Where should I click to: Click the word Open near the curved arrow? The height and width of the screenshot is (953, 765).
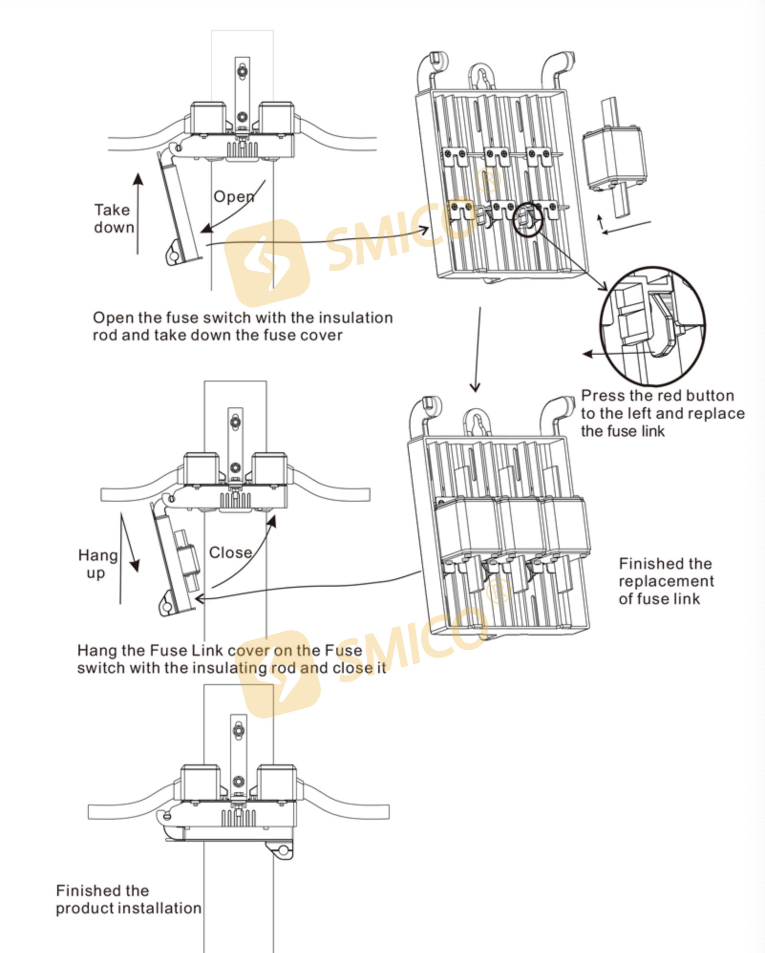coord(234,196)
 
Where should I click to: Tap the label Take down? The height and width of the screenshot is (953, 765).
coord(113,219)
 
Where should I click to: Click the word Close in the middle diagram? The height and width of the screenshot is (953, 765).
coord(231,552)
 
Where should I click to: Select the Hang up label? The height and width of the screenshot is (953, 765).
coord(97,564)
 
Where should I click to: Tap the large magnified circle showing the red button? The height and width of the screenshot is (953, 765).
coord(652,326)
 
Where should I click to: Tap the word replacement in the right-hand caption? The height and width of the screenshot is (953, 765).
coord(666,581)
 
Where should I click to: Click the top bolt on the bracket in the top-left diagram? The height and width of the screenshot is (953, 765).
coord(243,72)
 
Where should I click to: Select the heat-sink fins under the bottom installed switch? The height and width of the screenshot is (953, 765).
coord(238,819)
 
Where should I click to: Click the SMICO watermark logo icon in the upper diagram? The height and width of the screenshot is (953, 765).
coord(267,263)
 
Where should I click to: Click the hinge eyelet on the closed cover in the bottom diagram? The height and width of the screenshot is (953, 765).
coord(283,850)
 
